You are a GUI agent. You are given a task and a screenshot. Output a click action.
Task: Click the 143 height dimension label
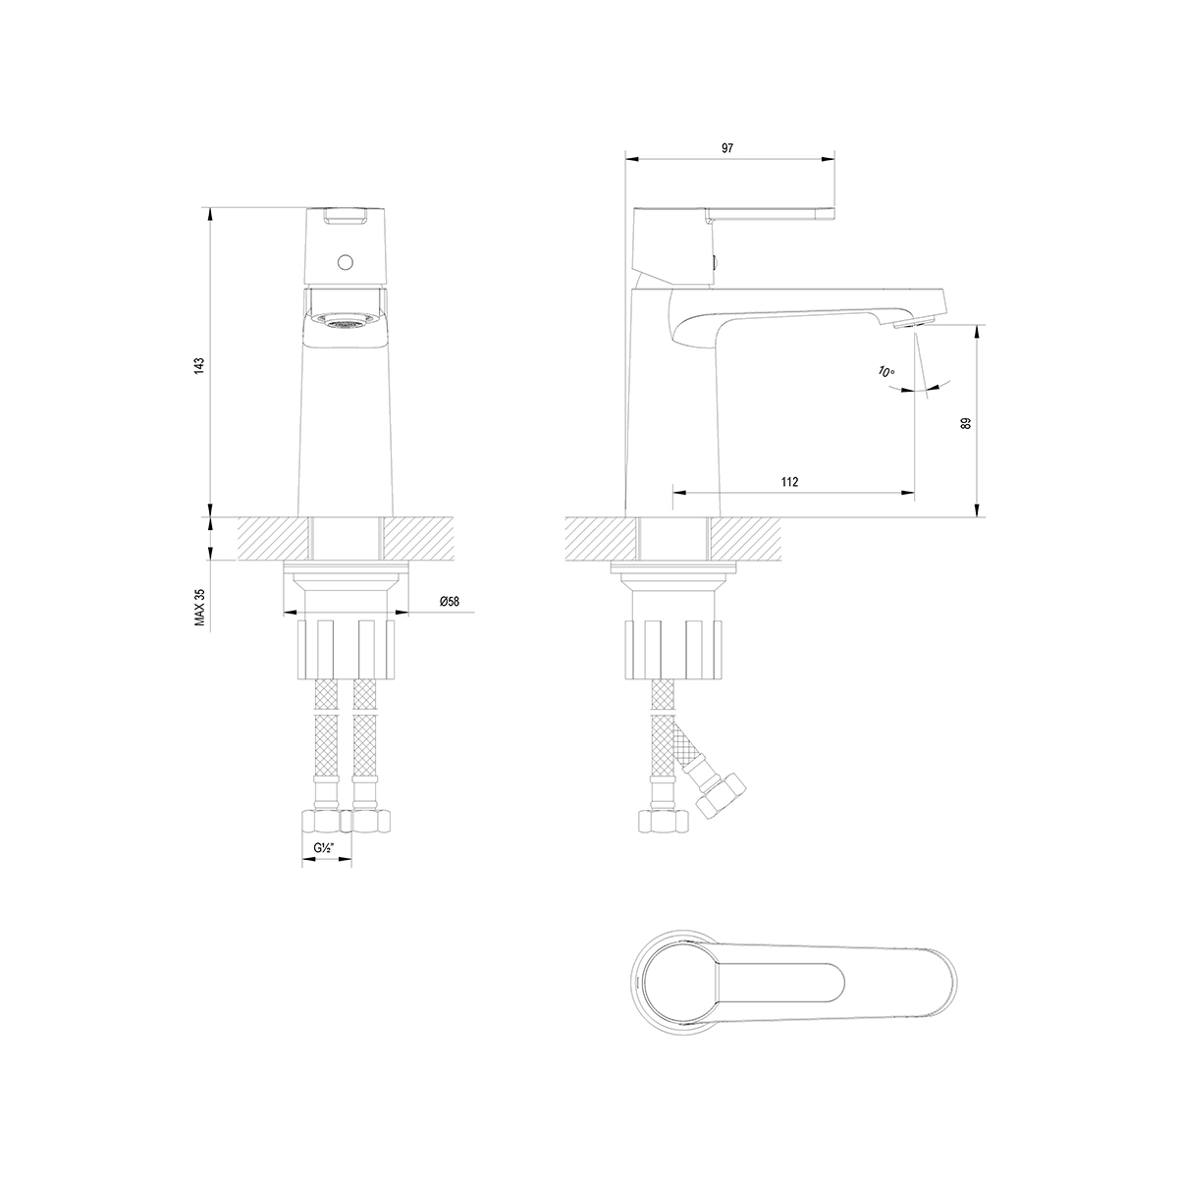(199, 365)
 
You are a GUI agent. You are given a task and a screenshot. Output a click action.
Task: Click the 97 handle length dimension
(726, 148)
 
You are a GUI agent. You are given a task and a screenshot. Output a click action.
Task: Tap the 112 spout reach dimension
(790, 482)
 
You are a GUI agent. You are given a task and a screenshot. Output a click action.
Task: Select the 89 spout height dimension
(966, 423)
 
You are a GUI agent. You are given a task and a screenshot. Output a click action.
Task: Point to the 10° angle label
(885, 371)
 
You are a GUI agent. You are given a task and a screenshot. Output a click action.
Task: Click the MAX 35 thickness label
(200, 608)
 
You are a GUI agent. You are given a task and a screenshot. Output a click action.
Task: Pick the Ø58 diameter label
(449, 602)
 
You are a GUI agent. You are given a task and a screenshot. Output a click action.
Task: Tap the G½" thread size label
(324, 848)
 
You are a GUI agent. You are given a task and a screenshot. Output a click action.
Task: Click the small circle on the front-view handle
(346, 262)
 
